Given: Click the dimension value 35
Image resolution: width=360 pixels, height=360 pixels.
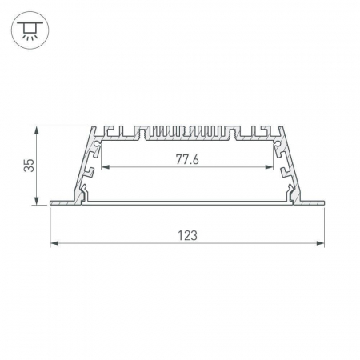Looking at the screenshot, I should pos(29,165).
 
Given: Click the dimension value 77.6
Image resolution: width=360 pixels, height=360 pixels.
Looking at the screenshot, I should pos(187,158).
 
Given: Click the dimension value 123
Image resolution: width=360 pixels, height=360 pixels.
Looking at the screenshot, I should pos(187,235).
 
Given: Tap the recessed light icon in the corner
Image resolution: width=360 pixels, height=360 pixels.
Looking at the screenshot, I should pos(30,30).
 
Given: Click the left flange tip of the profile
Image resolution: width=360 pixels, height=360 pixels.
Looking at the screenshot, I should pos(52,203).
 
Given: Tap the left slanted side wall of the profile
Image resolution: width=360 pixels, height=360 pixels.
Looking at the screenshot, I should pos(86,163).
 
